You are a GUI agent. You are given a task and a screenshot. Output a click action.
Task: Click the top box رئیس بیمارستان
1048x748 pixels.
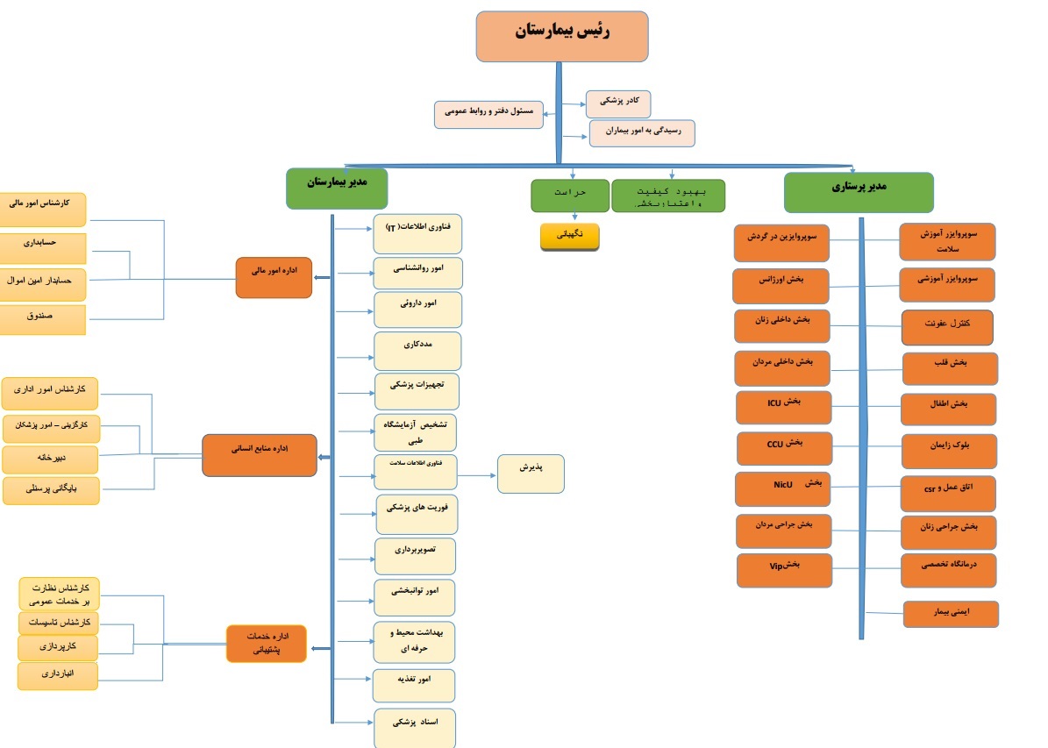coord(561,36)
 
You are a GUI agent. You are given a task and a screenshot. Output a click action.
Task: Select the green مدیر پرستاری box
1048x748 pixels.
coord(858,192)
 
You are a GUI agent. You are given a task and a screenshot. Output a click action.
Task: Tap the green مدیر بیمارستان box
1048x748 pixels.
coord(337,189)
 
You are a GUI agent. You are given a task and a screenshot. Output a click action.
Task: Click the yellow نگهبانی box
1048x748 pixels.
coord(569,237)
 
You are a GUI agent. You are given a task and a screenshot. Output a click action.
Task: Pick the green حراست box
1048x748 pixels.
coord(569,196)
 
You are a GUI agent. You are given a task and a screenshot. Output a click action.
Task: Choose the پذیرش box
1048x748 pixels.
coord(531,474)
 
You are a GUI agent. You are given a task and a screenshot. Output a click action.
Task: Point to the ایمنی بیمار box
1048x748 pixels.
coord(951,614)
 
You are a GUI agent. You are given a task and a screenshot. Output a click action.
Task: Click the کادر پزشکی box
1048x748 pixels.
coord(618,104)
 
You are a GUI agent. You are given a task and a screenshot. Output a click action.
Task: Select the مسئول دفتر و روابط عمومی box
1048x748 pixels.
coord(488,115)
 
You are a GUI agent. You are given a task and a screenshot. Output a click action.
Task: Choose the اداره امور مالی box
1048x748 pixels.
coord(274,277)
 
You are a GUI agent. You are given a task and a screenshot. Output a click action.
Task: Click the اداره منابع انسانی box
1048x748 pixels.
coord(260,454)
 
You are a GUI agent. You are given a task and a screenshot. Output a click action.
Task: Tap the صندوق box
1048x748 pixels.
coord(42,319)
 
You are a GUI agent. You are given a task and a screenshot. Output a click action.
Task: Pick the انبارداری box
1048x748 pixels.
coord(58,675)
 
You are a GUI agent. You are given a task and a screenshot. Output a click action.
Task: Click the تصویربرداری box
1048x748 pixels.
coord(416,555)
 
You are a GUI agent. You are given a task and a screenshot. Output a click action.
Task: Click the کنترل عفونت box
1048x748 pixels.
coord(947,327)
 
